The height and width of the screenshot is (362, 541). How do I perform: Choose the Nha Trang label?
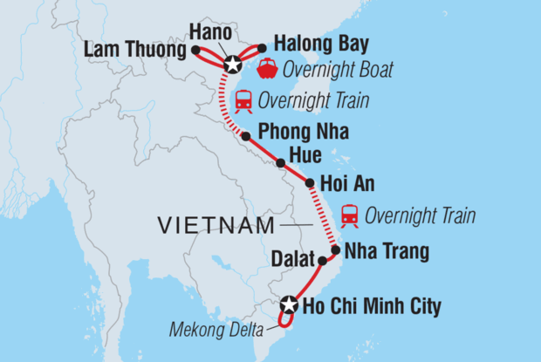point(387,252)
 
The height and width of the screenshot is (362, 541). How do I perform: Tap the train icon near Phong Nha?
point(243,100)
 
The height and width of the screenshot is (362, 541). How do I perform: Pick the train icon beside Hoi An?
point(349,214)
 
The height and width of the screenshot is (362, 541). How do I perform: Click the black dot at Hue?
point(280,163)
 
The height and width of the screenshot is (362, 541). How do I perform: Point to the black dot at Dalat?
point(322,260)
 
